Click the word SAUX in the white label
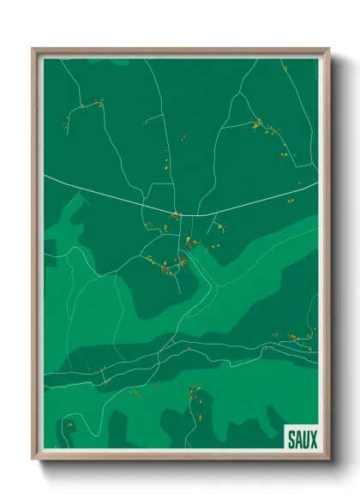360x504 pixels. tap(299, 439)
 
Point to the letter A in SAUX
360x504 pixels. tap(295, 439)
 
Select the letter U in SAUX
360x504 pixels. tap(303, 439)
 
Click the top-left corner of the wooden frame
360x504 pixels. tap(33, 49)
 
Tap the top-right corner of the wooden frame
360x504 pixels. tap(328, 49)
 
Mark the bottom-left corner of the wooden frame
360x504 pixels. tap(33, 460)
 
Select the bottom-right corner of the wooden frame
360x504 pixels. tap(328, 460)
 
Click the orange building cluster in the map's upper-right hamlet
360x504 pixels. tap(259, 125)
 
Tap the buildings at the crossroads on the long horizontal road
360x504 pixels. tap(176, 214)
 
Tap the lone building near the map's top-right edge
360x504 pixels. tap(299, 183)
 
